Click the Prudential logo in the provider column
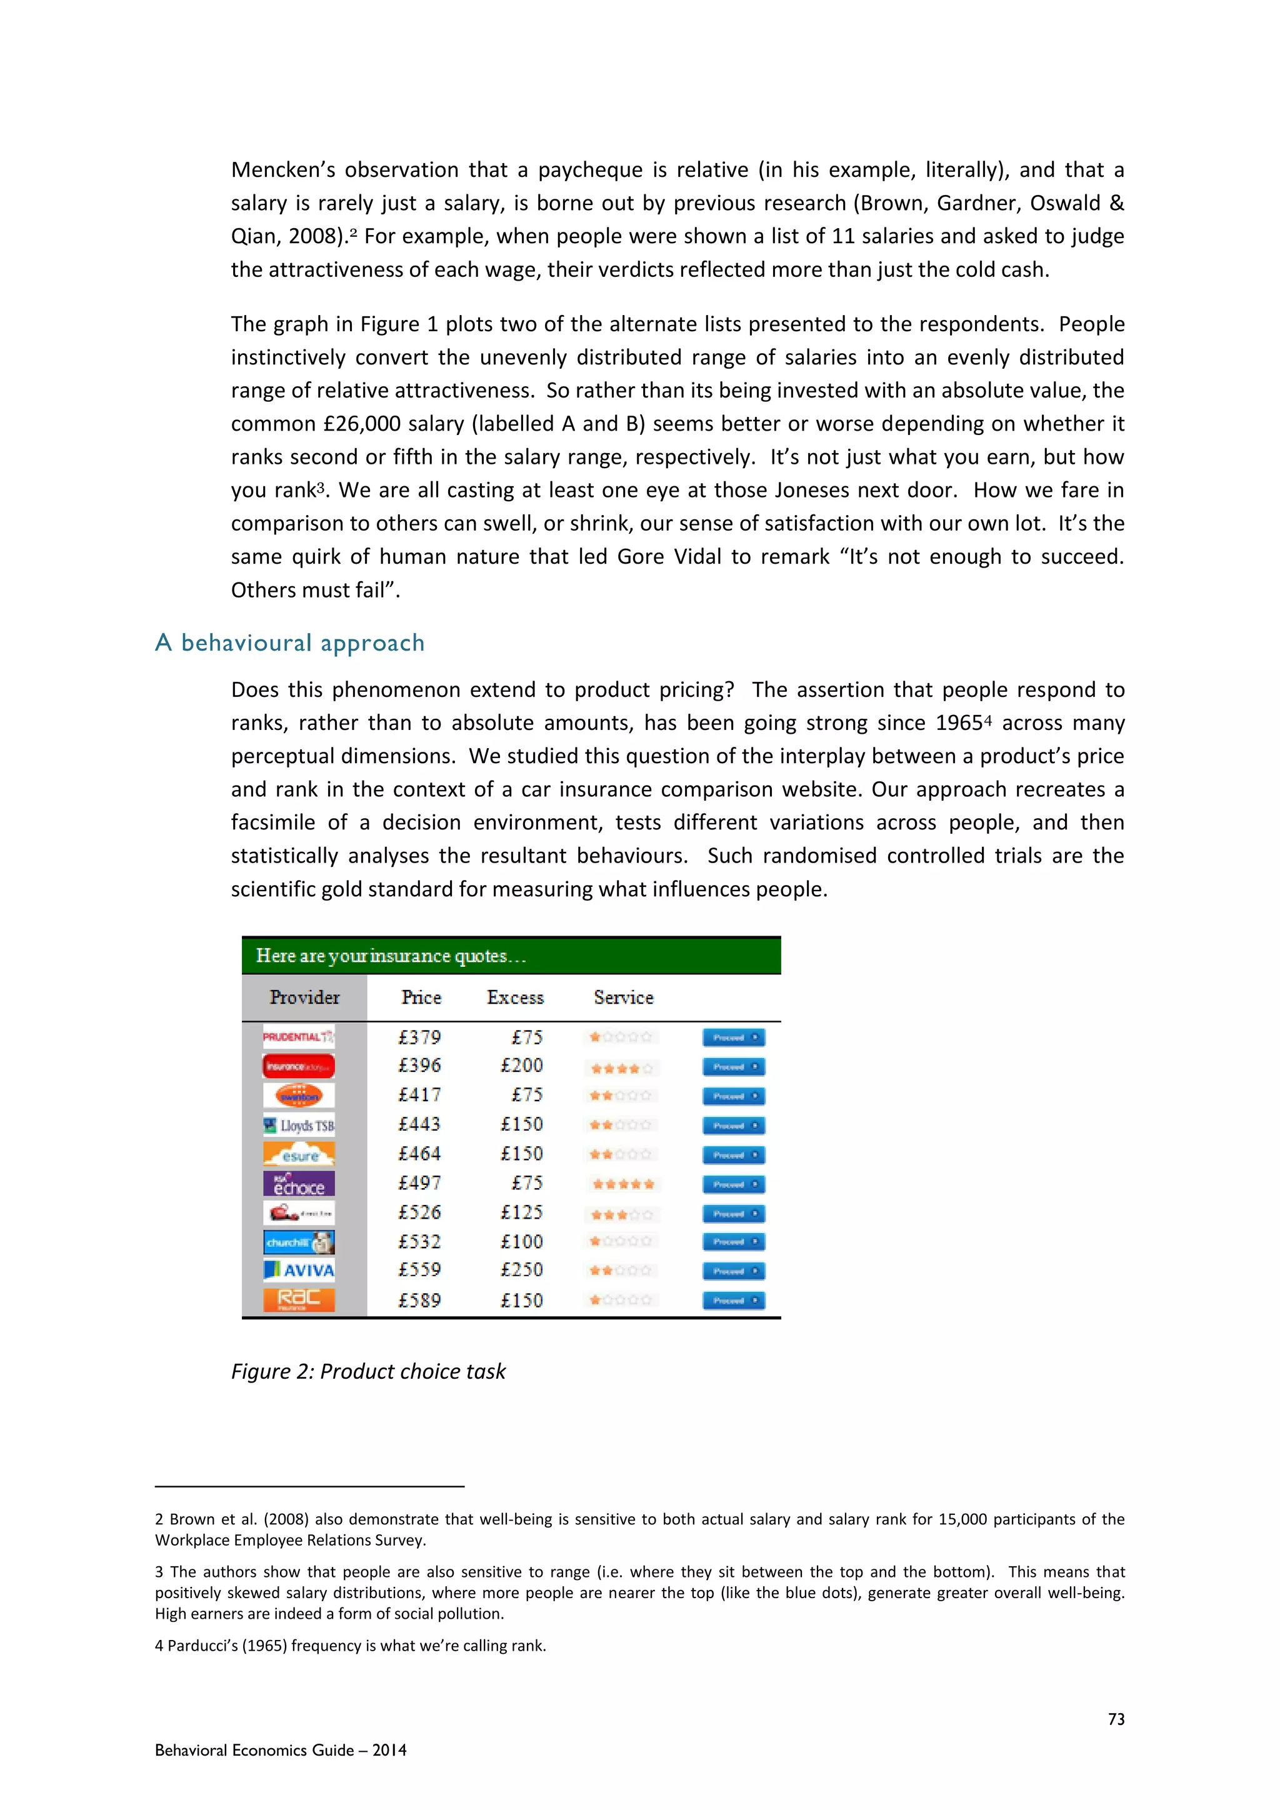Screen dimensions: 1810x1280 click(299, 1037)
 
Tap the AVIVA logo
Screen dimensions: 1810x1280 click(299, 1270)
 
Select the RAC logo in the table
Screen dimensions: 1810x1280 click(299, 1299)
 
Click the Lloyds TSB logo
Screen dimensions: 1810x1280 click(299, 1125)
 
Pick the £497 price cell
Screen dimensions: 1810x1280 click(419, 1183)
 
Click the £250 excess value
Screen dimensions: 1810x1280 click(522, 1270)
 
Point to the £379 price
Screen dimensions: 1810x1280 click(419, 1037)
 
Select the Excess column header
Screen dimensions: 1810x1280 click(516, 998)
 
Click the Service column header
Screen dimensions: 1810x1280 click(624, 998)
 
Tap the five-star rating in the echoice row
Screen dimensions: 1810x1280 click(622, 1184)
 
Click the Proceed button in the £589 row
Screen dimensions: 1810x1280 click(733, 1301)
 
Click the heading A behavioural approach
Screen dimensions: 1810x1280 click(289, 643)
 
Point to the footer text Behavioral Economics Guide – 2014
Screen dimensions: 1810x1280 click(281, 1750)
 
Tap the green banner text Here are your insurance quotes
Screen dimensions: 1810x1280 click(390, 956)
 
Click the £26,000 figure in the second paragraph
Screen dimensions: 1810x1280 click(362, 424)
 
